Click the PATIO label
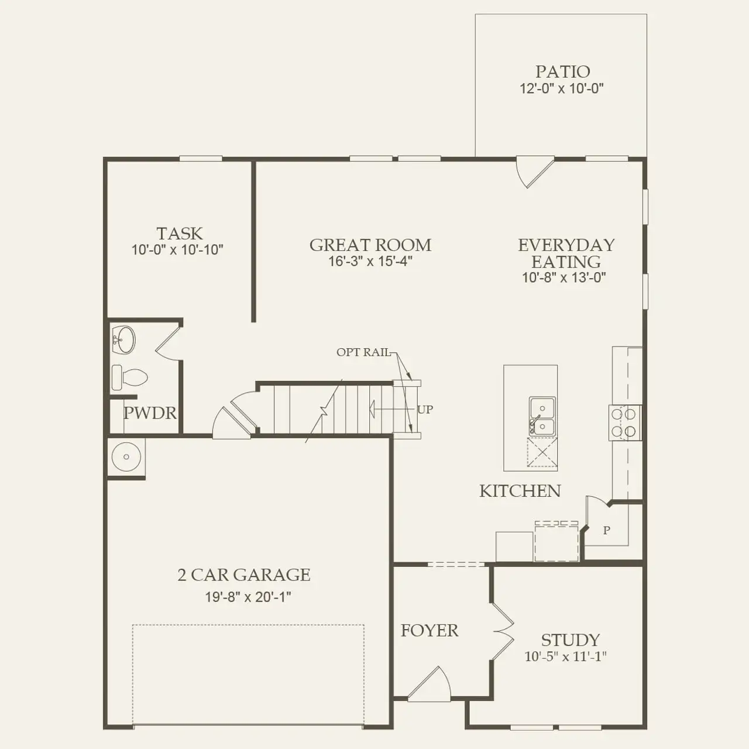pyautogui.click(x=562, y=71)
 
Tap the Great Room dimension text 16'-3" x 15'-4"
pyautogui.click(x=370, y=261)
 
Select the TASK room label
pyautogui.click(x=180, y=233)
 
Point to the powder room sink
pyautogui.click(x=123, y=340)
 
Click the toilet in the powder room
pyautogui.click(x=129, y=377)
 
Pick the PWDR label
pyautogui.click(x=150, y=413)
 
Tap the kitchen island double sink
pyautogui.click(x=542, y=416)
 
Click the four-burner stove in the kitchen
pyautogui.click(x=625, y=422)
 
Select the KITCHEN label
pyautogui.click(x=520, y=491)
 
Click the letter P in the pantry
pyautogui.click(x=606, y=530)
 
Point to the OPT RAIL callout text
pyautogui.click(x=363, y=352)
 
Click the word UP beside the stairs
pyautogui.click(x=425, y=409)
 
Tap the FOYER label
pyautogui.click(x=430, y=630)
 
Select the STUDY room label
pyautogui.click(x=570, y=640)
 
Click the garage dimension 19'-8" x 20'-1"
pyautogui.click(x=248, y=597)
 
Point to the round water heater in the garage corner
pyautogui.click(x=126, y=456)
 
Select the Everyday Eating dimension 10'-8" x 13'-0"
pyautogui.click(x=564, y=277)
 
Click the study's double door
pyautogui.click(x=503, y=631)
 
